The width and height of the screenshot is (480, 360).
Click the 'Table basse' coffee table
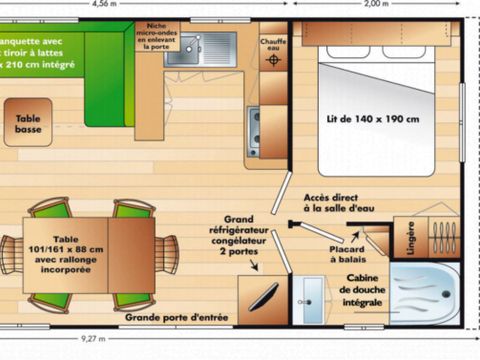coord(28,124)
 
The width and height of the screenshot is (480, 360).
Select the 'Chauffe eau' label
coord(275,44)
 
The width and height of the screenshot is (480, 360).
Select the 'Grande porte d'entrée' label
coord(176,318)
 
